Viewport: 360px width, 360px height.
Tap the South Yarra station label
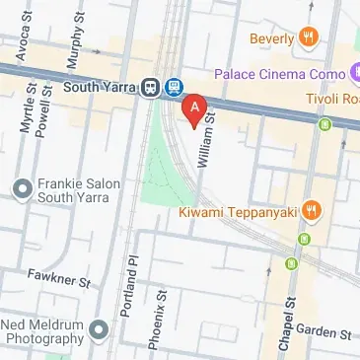97,86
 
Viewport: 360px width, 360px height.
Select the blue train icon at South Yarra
174,87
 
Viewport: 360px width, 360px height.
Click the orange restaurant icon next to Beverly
311,38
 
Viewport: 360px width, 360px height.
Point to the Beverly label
272,38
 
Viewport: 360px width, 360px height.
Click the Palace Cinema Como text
281,74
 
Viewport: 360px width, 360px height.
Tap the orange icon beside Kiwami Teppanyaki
311,208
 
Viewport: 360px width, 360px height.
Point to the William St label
207,142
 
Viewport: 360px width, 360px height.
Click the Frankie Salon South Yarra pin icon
22,187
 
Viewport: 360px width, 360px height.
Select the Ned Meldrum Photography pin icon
96,328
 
